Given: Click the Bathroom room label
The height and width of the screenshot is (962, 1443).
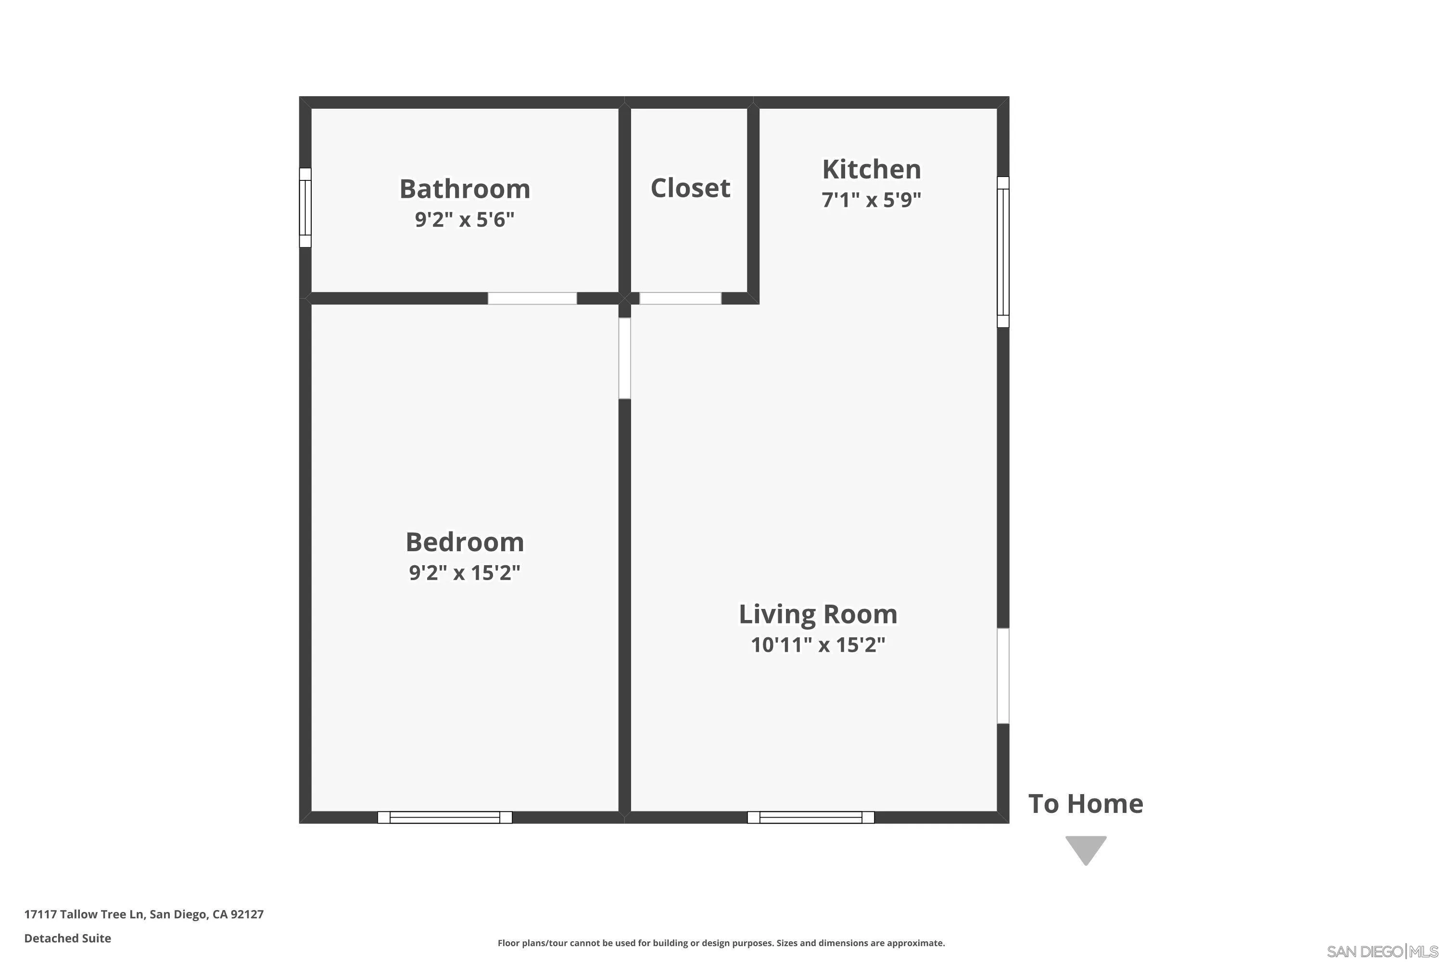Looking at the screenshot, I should (x=465, y=189).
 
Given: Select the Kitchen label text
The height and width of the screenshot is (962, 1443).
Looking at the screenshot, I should (x=871, y=169).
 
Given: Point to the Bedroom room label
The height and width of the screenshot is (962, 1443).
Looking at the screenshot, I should (x=465, y=543).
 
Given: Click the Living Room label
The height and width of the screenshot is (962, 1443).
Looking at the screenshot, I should (x=818, y=614).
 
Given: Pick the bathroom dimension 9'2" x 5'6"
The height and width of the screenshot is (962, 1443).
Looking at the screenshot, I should (x=465, y=220).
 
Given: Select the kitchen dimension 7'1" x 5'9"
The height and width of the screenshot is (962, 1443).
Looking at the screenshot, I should (x=871, y=200).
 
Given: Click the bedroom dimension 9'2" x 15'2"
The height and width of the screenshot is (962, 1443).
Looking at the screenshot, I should (x=465, y=573).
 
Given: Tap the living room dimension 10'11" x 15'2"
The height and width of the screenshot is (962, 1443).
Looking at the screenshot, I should (x=818, y=645).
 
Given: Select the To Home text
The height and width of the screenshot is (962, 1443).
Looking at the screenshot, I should (x=1085, y=804).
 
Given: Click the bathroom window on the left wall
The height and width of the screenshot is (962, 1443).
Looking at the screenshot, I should (x=305, y=207).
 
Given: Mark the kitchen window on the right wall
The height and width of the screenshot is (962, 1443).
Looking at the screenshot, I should (x=1002, y=252).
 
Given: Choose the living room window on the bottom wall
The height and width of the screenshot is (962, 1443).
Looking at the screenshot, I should (x=810, y=817).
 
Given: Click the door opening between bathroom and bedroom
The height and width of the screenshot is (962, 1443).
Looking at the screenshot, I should (x=532, y=299).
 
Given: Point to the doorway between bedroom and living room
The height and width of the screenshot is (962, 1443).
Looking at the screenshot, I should (x=624, y=358).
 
